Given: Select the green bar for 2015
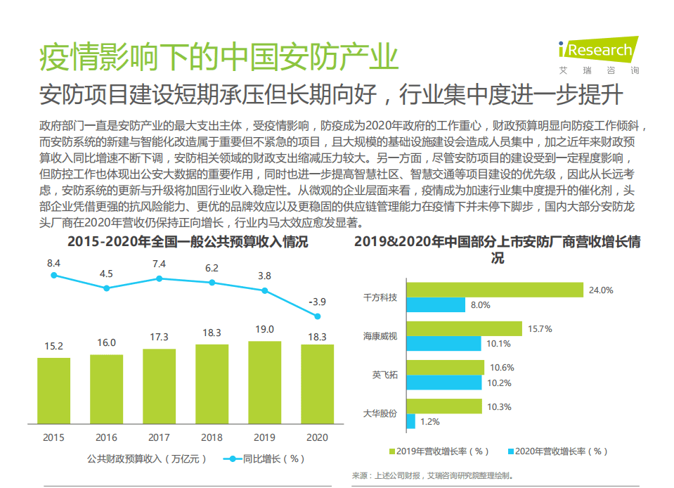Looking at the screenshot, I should (x=53, y=390).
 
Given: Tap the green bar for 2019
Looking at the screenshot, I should (x=264, y=383).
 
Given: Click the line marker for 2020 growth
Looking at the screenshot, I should (x=317, y=316).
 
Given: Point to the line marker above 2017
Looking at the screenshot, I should (x=159, y=278).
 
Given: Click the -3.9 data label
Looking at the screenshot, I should (x=317, y=302).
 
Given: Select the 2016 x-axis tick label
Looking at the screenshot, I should (x=106, y=437).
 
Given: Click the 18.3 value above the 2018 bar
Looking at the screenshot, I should (x=212, y=333).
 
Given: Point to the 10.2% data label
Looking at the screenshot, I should (x=500, y=383).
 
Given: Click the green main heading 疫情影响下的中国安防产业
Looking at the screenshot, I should (x=219, y=57).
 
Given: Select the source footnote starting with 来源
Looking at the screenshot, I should (x=432, y=475).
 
